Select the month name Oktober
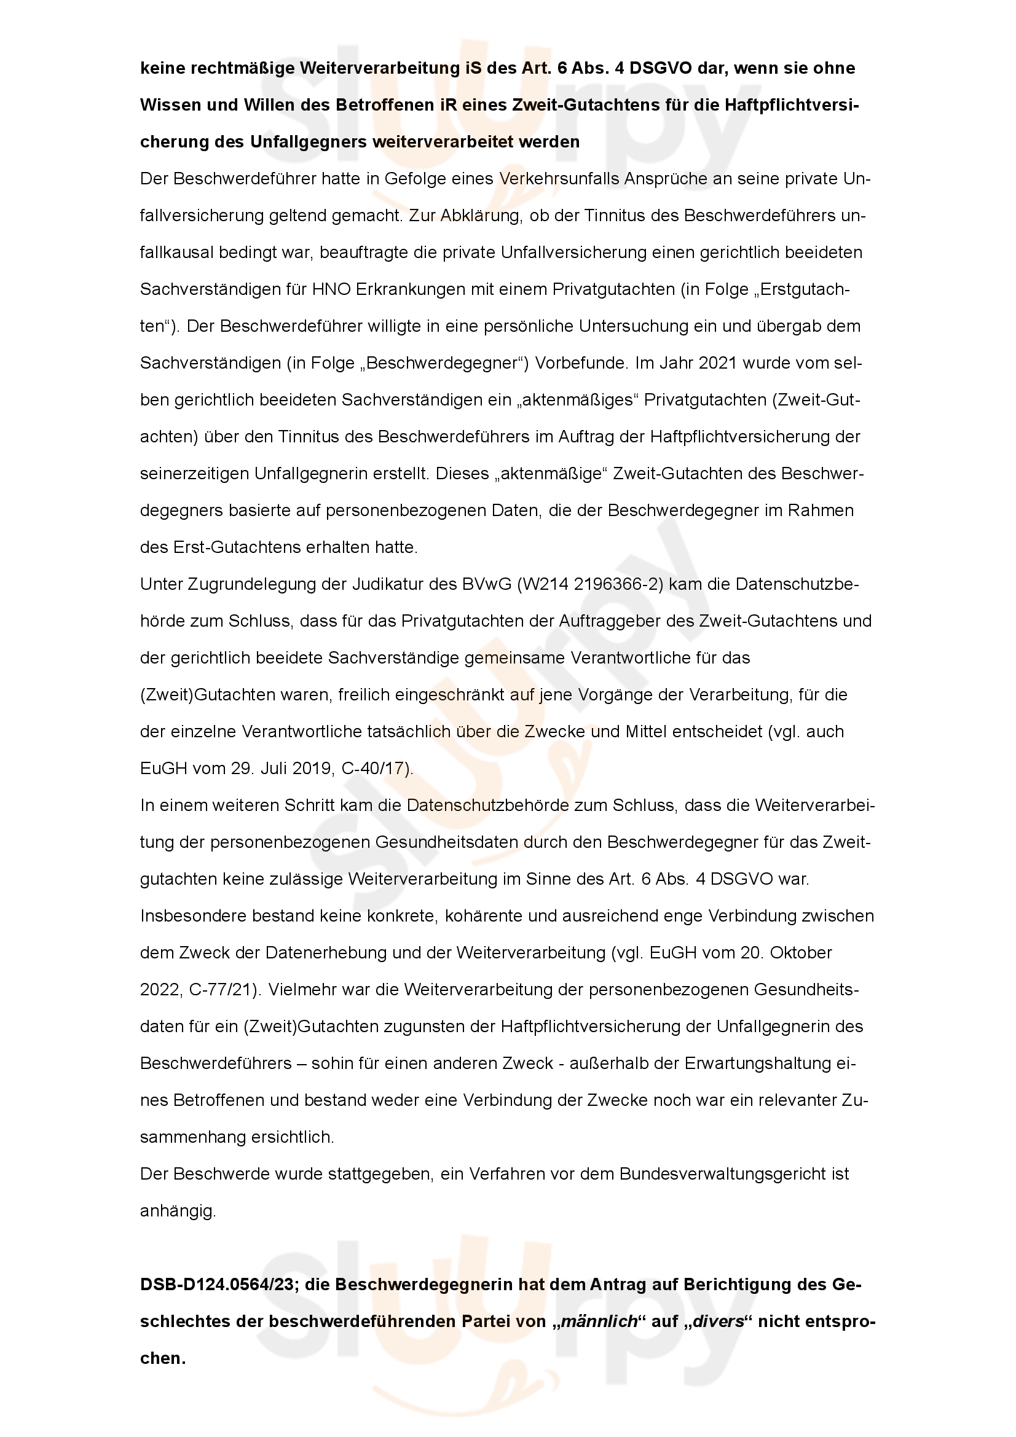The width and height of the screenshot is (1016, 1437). [801, 953]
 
